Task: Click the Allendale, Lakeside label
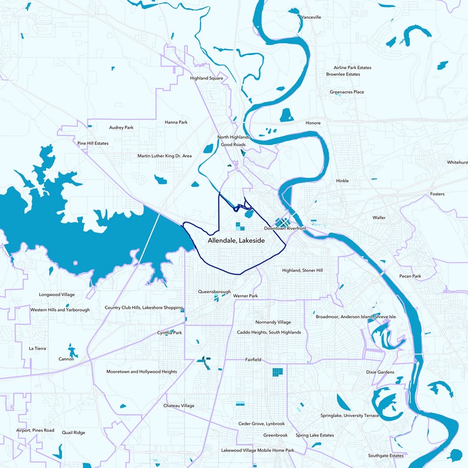236,240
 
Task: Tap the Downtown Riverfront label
285,228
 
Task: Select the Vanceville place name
311,18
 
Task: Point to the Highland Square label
207,78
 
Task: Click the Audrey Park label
122,128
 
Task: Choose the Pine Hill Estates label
93,143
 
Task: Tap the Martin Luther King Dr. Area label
164,156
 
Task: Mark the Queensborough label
215,291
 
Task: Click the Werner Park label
246,297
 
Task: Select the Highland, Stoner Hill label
302,271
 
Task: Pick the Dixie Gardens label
380,372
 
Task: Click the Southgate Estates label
386,455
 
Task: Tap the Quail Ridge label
73,433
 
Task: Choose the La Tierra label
37,348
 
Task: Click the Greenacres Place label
347,92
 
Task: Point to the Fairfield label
253,360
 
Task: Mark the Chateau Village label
179,405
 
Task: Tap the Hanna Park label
176,122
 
